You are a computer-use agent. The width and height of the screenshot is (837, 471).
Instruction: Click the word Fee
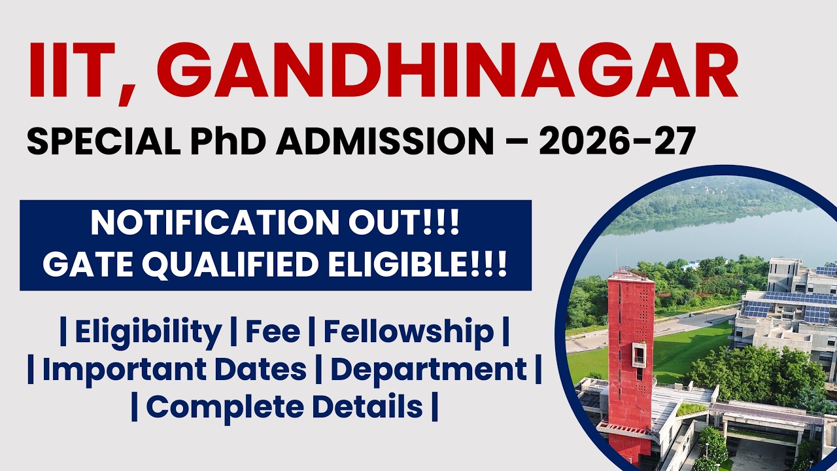(273, 332)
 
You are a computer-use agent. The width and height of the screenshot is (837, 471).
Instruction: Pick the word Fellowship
(409, 332)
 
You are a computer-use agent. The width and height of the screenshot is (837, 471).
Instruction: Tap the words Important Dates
(174, 370)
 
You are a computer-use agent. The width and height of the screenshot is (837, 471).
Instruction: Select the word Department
(428, 370)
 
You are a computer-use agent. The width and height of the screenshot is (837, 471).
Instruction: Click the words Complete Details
(284, 407)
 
